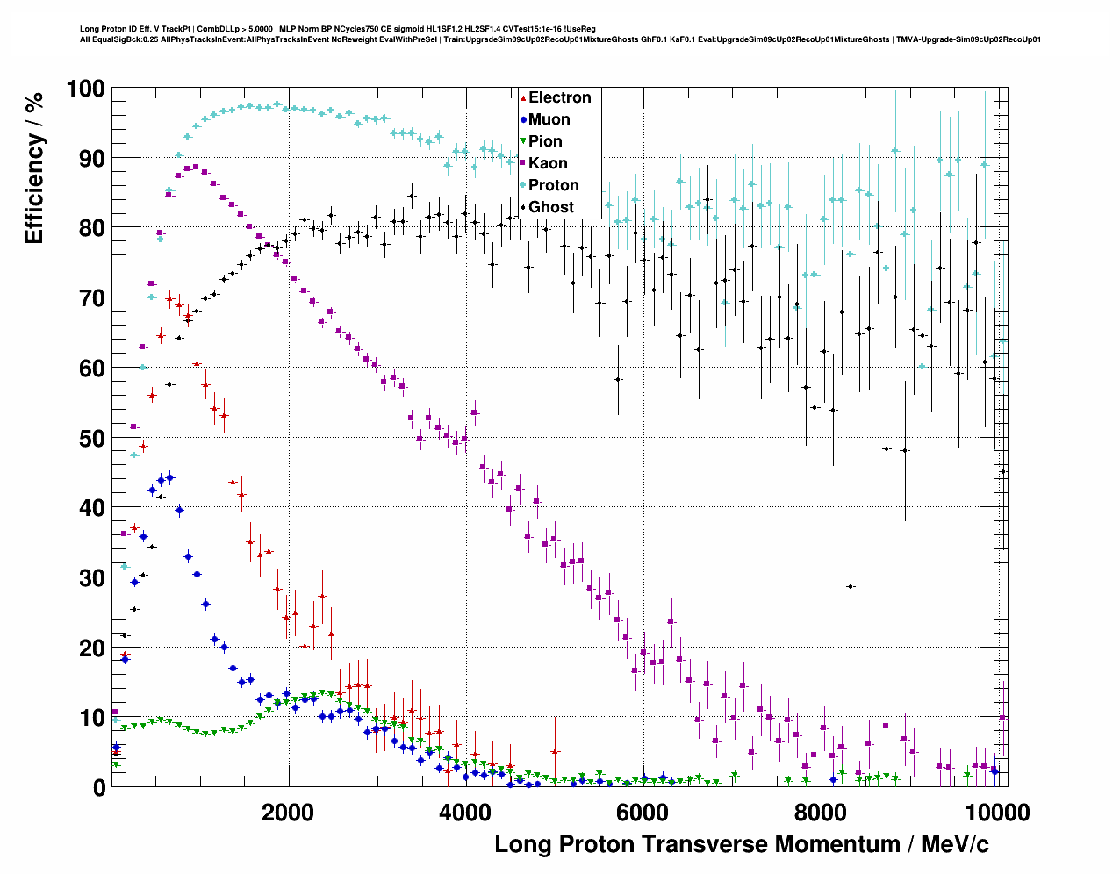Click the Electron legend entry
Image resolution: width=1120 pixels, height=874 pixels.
pos(559,97)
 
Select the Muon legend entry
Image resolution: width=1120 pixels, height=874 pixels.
pos(549,119)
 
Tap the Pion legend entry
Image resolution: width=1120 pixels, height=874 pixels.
pos(545,141)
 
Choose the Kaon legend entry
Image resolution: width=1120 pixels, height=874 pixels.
pos(548,163)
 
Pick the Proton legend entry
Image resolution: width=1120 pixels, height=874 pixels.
pos(553,185)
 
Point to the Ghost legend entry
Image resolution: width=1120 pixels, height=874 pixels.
pos(550,207)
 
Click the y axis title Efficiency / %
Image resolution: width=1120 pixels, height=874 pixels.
pos(34,168)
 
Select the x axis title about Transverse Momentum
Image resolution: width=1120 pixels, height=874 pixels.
pos(741,844)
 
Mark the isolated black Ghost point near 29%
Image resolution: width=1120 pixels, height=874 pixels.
pos(850,586)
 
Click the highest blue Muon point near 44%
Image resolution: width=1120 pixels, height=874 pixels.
pos(170,478)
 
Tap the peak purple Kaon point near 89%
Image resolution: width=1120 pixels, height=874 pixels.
pos(196,167)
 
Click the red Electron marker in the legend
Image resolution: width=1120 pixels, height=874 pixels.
pos(523,97)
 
